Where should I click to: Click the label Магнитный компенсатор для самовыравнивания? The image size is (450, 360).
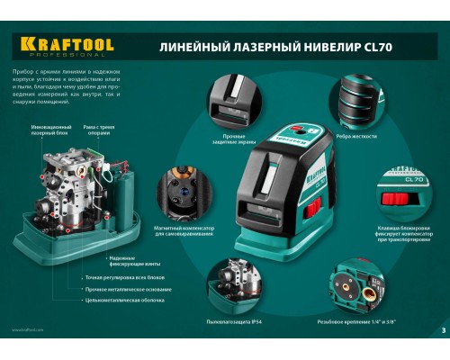[x=183, y=232]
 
